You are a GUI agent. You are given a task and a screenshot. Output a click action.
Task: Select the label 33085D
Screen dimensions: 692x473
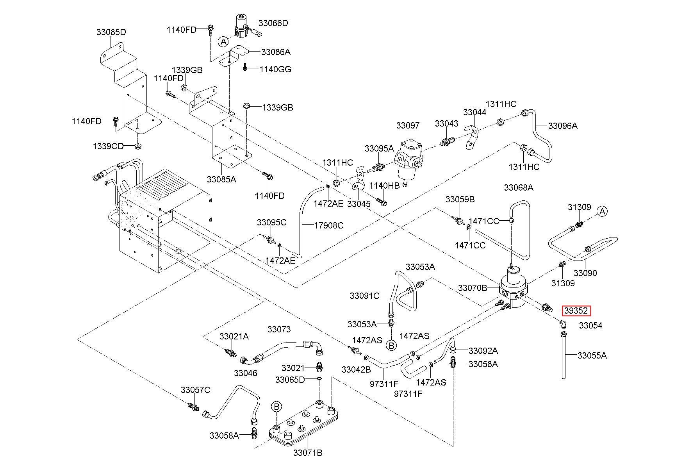tap(111, 32)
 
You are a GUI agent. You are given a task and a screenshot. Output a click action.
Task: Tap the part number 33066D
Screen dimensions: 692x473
tap(273, 23)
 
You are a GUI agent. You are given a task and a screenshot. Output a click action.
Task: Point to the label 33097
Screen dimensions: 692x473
tap(408, 125)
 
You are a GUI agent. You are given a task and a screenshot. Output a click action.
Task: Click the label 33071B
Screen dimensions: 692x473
tap(308, 453)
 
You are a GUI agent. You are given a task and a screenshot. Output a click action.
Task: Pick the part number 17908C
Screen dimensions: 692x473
tap(329, 225)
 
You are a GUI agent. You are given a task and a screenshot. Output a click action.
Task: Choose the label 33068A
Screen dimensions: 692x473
tap(519, 187)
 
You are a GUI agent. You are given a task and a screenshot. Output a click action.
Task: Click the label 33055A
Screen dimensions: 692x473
tap(592, 355)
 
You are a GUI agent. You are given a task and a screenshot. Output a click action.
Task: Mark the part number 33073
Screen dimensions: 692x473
tap(279, 329)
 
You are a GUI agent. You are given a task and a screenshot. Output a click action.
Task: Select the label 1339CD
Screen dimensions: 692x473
tap(108, 146)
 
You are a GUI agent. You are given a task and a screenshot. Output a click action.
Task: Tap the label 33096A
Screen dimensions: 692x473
tap(563, 126)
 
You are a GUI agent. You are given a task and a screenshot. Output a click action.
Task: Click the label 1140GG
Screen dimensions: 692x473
tap(276, 70)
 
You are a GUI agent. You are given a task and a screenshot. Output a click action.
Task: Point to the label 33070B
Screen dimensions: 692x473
tap(473, 288)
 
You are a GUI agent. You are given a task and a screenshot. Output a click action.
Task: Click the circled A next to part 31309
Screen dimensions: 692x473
tap(602, 212)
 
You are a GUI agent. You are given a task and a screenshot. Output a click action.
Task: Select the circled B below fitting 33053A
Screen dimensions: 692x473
tap(391, 345)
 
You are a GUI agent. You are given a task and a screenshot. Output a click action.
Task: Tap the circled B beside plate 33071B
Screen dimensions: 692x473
tap(276, 407)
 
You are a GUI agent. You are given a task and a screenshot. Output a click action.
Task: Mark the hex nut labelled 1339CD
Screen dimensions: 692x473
tap(137, 146)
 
